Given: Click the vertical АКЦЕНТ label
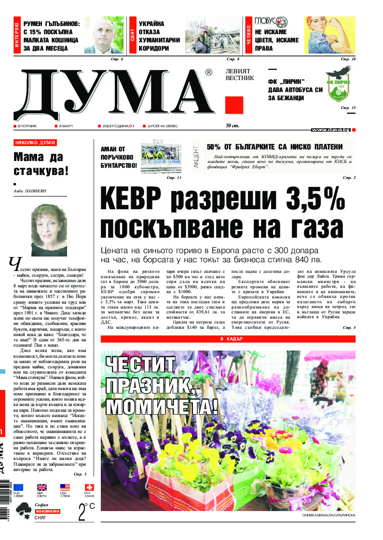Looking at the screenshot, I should (x=196, y=155).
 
